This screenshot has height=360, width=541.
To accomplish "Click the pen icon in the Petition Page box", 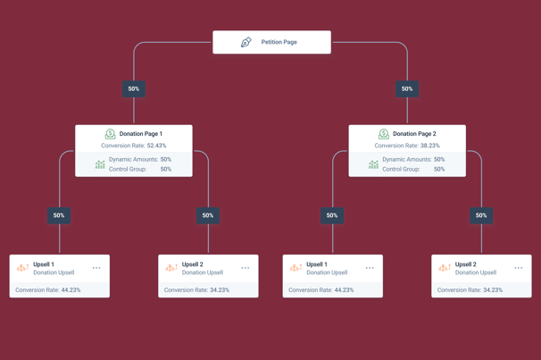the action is coord(246,42).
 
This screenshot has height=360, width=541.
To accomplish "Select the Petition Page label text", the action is coord(279,42).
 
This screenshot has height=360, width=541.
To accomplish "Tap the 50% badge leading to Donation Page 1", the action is coord(134,88).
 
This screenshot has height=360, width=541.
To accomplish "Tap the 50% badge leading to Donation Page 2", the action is coord(407,88).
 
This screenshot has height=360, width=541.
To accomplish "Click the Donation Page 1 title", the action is coord(141,134).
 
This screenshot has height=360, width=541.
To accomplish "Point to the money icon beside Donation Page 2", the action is coord(384,134).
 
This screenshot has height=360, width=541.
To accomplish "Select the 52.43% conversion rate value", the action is coord(156,146).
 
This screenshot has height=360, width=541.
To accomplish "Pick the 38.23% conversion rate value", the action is coord(430,146).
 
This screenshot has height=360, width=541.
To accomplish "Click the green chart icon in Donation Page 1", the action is coord(100,164).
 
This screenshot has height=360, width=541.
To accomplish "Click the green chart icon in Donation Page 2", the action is coord(373,164).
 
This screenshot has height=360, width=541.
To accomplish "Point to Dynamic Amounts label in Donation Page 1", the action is coord(134,160).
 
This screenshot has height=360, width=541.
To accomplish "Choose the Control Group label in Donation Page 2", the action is coord(401,169).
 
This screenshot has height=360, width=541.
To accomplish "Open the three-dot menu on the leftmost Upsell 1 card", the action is coord(96,268).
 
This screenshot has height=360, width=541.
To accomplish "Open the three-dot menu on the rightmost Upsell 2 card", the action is coord(518,268).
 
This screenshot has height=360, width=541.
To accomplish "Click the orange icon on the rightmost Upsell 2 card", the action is coord(445,267).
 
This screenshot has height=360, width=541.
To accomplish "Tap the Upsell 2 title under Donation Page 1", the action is coord(193,264).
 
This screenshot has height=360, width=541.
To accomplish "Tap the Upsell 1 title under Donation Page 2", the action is coord(317,264).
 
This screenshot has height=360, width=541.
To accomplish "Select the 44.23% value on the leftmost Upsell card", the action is coord(71,290).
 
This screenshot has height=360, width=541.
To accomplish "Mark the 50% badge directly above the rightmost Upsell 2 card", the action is coord(481,215).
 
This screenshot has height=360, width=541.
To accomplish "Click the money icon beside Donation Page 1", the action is coord(111,134).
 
